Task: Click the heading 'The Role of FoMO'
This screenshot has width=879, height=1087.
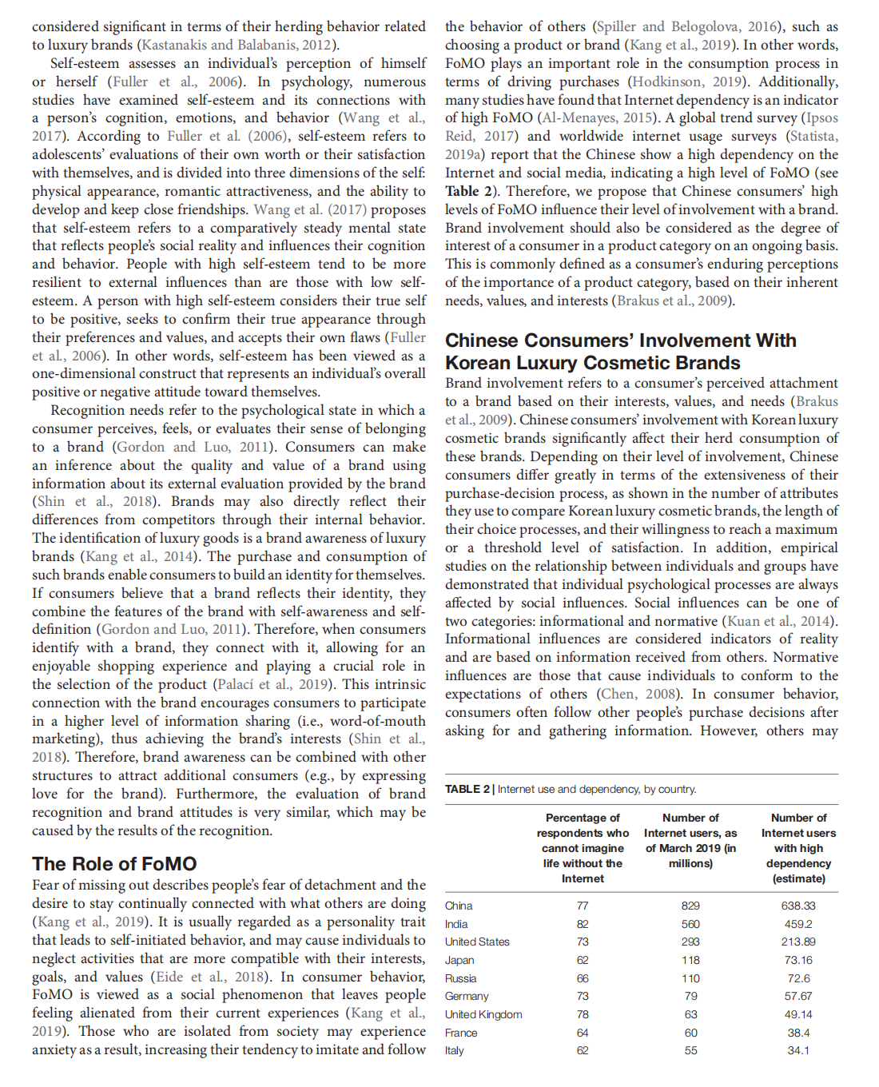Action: (x=114, y=864)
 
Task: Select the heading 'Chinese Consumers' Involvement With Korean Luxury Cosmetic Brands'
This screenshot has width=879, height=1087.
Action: (x=620, y=352)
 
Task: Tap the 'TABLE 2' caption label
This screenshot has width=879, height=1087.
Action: (x=467, y=790)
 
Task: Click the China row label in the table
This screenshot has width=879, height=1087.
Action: (x=459, y=906)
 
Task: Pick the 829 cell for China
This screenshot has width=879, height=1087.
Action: (x=690, y=906)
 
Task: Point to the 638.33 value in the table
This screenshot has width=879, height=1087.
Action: (x=798, y=906)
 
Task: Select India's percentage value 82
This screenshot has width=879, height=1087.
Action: (x=583, y=924)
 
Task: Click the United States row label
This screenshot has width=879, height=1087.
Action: (x=477, y=942)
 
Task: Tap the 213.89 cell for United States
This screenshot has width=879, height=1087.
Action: (x=798, y=942)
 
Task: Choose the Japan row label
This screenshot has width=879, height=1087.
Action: (x=459, y=960)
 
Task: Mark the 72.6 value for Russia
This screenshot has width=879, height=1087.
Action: (x=798, y=978)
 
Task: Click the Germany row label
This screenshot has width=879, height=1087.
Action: (x=467, y=996)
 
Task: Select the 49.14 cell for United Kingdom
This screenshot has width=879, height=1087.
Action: (x=798, y=1014)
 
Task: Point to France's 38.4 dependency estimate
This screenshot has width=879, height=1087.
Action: (x=798, y=1033)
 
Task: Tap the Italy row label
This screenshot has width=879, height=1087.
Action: (x=455, y=1050)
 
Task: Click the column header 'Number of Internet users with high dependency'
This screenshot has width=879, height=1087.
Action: (x=798, y=848)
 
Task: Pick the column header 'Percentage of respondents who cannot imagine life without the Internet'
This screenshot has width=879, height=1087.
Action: (x=583, y=848)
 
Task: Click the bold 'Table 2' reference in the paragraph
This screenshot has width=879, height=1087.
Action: (x=462, y=191)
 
